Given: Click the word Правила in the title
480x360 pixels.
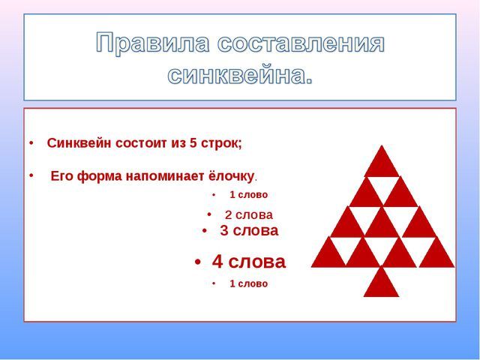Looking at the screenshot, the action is tap(153, 43).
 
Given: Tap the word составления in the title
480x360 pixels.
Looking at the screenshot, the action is tap(301, 43).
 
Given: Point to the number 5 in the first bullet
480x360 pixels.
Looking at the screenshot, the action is tap(193, 143).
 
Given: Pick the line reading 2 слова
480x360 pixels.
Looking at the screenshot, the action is tap(248, 215).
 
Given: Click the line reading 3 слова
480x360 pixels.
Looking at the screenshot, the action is tap(249, 230).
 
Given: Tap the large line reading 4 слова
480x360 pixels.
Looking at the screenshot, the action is tap(249, 262).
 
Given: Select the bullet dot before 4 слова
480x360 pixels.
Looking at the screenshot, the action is tap(198, 262).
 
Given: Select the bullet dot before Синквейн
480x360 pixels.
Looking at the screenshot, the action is tap(31, 143).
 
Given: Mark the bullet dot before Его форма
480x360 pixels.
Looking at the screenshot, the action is tap(31, 175).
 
